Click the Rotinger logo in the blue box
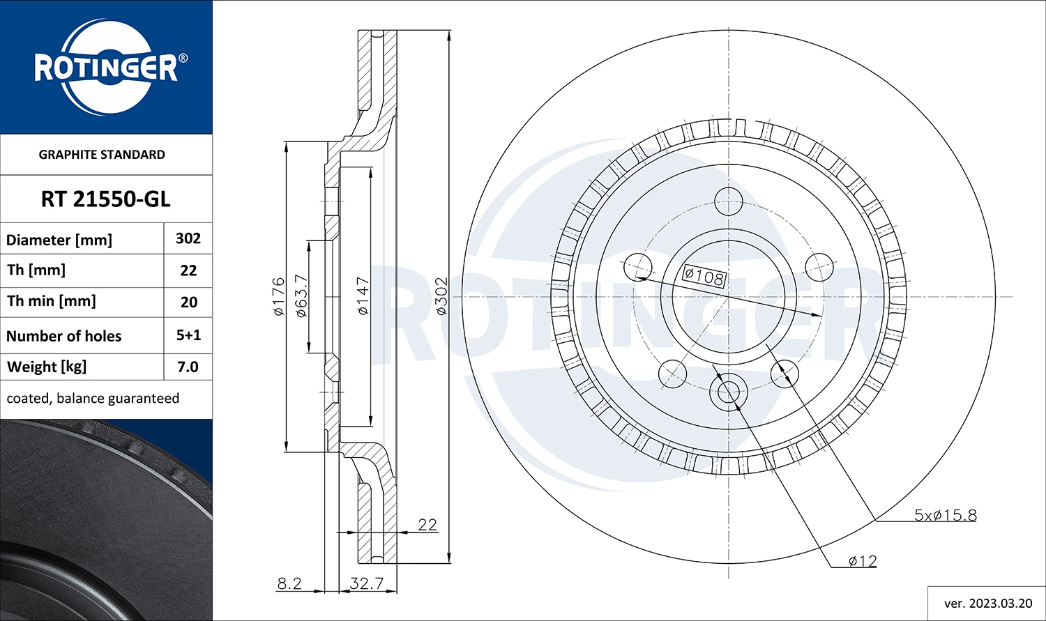(106, 68)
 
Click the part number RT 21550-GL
(105, 199)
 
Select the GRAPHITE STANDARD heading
(102, 155)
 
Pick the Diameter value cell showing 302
(188, 238)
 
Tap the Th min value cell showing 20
(188, 302)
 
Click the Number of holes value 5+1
(188, 335)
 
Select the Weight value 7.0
(188, 367)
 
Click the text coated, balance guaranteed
(93, 399)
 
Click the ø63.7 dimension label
(301, 296)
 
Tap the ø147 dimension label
(363, 296)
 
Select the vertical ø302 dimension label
(441, 296)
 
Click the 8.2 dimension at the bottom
(289, 583)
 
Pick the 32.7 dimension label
(367, 583)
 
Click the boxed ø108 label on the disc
(704, 277)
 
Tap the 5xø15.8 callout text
(945, 515)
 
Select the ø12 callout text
(863, 560)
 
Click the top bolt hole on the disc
(729, 200)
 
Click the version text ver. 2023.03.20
(987, 603)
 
